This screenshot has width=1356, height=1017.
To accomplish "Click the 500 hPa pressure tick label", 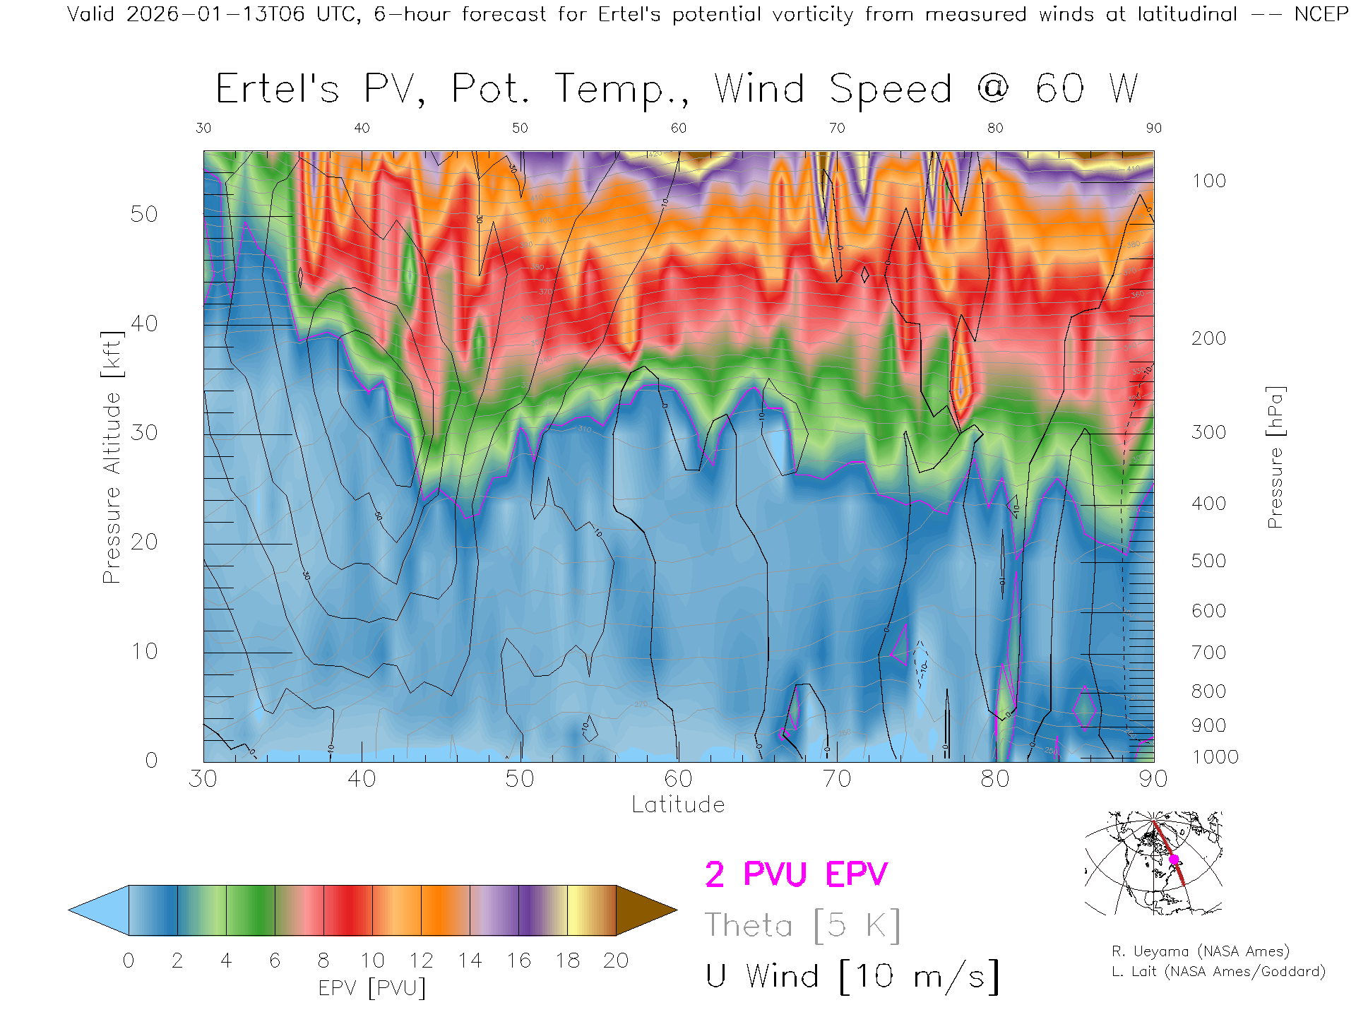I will click(1208, 561).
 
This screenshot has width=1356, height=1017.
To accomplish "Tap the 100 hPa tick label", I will click(1208, 181).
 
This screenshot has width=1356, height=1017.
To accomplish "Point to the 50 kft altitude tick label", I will click(143, 214).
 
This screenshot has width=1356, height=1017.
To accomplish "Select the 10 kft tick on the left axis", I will click(143, 651).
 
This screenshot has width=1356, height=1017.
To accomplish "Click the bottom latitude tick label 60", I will click(678, 779).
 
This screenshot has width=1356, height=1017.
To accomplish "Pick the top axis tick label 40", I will click(362, 128).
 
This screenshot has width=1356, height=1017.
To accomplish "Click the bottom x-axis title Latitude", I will click(678, 805).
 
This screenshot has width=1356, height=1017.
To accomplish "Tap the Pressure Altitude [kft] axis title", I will click(112, 457).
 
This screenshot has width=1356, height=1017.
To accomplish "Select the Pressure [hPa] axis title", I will click(1275, 457).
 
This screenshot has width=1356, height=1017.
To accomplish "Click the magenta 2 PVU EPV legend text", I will click(796, 874).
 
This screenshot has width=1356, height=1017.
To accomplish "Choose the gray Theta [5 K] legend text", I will click(802, 925).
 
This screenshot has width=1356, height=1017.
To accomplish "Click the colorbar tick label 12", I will click(421, 961).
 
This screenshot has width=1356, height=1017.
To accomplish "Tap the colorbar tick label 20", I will click(616, 961).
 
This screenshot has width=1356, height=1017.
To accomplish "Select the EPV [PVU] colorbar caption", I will click(372, 988).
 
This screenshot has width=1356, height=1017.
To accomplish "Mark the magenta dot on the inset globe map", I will click(1174, 860).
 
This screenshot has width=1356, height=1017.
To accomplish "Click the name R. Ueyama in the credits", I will click(1151, 951).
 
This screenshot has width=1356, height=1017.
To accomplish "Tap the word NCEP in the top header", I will click(1321, 14).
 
